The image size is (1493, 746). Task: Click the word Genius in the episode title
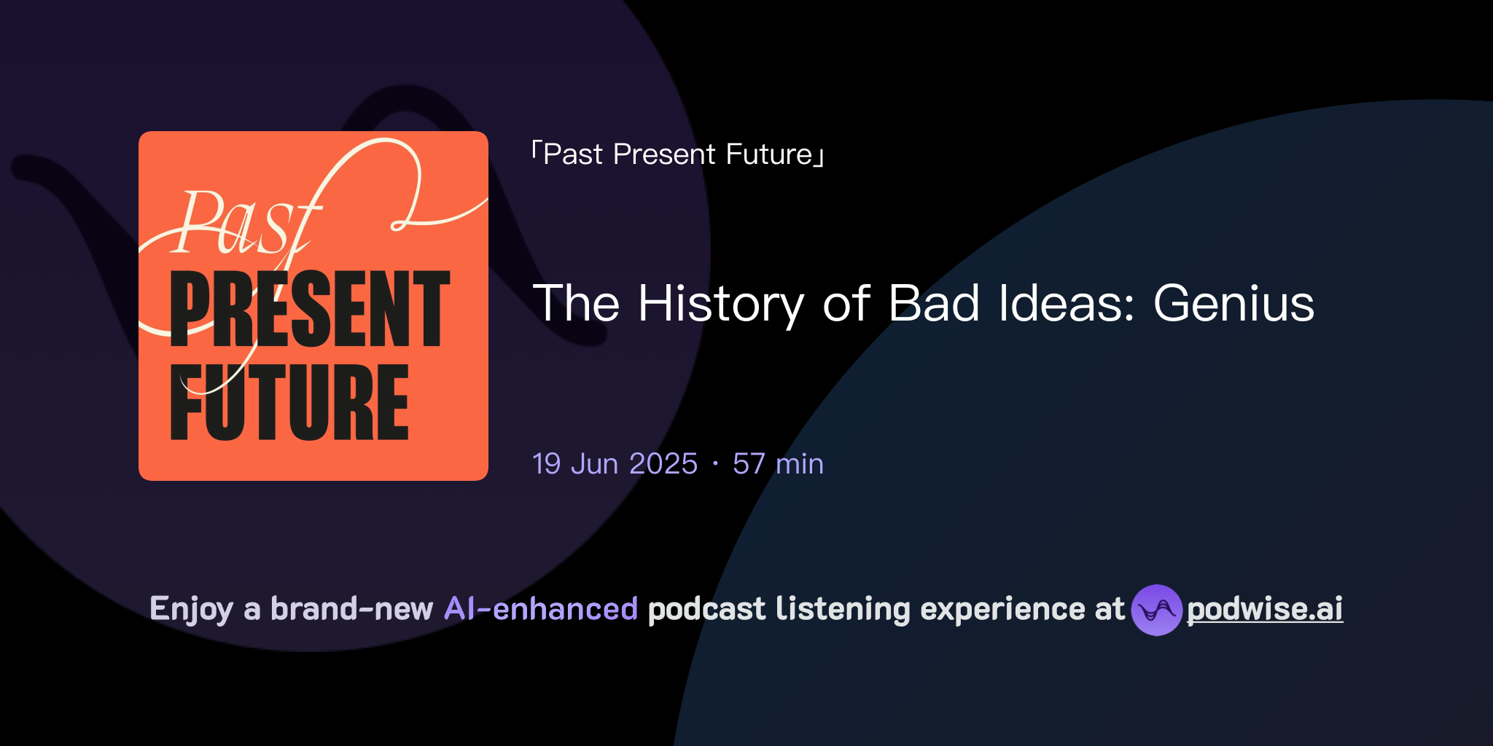(x=1233, y=303)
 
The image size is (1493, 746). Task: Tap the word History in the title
(x=721, y=303)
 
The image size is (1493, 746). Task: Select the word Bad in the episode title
(x=934, y=303)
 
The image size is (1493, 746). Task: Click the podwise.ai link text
(x=1265, y=609)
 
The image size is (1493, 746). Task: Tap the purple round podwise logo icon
(x=1156, y=610)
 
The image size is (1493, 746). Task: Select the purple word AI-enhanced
(x=541, y=609)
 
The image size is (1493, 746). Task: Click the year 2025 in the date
(x=663, y=464)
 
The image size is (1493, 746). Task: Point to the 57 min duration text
(x=778, y=464)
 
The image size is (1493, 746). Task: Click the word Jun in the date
(x=594, y=464)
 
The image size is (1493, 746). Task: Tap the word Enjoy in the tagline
(x=192, y=609)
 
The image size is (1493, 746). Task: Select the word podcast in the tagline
(x=706, y=609)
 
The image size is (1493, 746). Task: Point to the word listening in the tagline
(x=843, y=609)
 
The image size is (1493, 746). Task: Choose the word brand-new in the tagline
(x=351, y=609)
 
